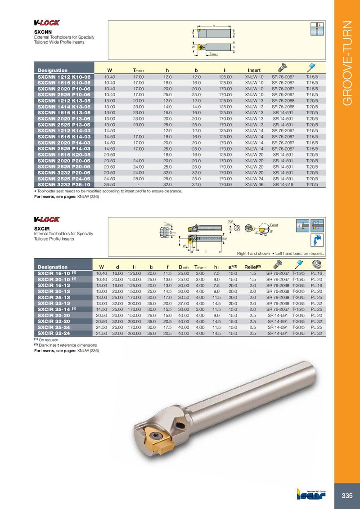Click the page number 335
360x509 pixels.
[346, 496]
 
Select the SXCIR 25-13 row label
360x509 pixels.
[53, 297]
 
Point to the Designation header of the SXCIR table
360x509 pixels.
[53, 267]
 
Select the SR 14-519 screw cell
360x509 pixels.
[283, 184]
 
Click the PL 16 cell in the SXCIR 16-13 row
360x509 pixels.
[317, 285]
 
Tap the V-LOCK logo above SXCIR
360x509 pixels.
[47, 219]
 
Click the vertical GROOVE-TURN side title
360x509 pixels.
[347, 63]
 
